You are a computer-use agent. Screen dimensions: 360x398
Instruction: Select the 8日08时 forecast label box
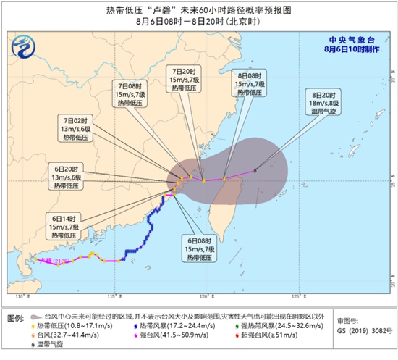250,83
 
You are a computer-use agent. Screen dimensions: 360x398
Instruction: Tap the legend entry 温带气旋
46,346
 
